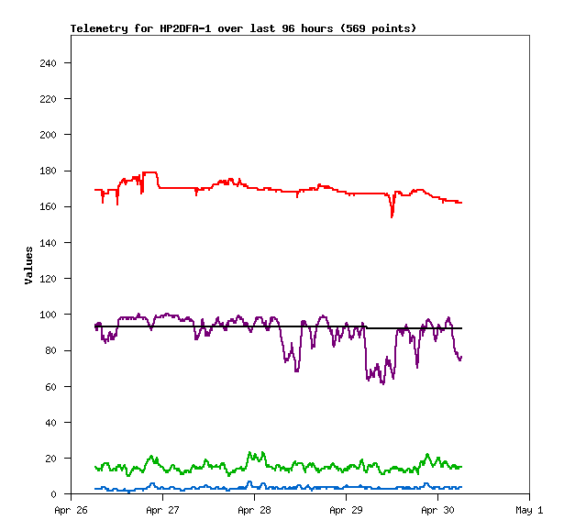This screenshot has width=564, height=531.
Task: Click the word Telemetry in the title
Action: (x=98, y=28)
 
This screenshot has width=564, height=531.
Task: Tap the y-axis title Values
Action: (x=28, y=264)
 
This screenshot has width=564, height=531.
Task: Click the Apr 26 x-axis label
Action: (x=71, y=510)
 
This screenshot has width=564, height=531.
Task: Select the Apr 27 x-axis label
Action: (x=162, y=510)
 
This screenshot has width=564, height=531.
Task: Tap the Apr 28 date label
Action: (x=254, y=510)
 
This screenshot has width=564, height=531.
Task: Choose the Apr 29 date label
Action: (x=346, y=510)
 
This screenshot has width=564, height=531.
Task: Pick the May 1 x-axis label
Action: (x=529, y=510)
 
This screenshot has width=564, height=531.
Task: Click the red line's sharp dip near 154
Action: (x=392, y=216)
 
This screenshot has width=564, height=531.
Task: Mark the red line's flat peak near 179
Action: (x=150, y=172)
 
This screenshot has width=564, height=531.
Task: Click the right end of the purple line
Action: (x=461, y=357)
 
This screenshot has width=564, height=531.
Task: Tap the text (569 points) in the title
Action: (x=378, y=28)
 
